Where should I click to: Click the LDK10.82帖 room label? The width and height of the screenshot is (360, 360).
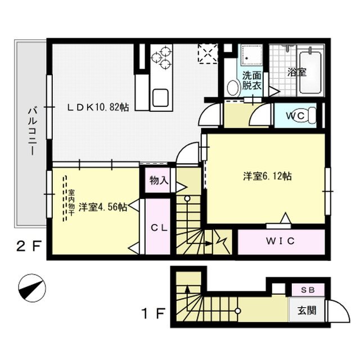[x=98, y=107]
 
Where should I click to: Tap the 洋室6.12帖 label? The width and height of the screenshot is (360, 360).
[x=268, y=176]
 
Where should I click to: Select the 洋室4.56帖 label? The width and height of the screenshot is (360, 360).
[x=103, y=207]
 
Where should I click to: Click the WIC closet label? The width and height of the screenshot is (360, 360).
[x=280, y=241]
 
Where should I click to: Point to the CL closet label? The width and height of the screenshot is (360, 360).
[x=159, y=228]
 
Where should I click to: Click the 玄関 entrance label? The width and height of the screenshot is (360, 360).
[x=307, y=310]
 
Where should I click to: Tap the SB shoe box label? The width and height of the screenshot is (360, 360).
[x=308, y=290]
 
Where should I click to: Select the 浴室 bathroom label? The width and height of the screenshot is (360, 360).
[x=297, y=73]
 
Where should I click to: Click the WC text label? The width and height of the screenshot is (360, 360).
[x=295, y=116]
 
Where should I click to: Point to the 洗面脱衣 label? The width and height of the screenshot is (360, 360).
[x=252, y=80]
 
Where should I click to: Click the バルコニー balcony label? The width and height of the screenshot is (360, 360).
[x=33, y=132]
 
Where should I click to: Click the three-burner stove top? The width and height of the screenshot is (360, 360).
[x=161, y=57]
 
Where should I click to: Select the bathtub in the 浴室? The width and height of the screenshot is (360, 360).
[x=310, y=73]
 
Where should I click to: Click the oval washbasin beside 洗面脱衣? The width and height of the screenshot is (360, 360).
[x=232, y=88]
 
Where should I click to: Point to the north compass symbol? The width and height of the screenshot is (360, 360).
[x=32, y=289]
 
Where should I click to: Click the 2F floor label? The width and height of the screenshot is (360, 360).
[x=29, y=247]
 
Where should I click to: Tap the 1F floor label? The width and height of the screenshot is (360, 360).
[x=154, y=314]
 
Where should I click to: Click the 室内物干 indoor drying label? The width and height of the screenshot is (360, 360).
[x=71, y=202]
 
